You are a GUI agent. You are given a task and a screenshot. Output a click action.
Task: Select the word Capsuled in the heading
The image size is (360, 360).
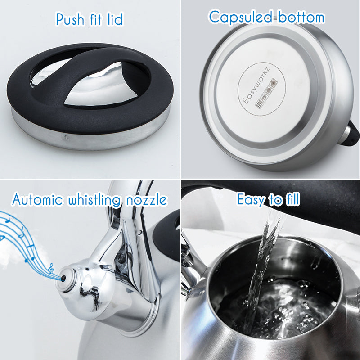coord(240,17)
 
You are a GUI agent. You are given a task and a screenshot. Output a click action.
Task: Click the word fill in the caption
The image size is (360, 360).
coord(292,199)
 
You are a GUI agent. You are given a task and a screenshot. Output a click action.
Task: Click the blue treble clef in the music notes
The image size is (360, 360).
coord(51,268)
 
